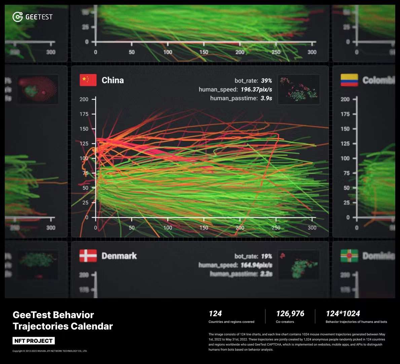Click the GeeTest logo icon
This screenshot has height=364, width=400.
coord(17,17)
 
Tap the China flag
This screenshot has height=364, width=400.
coord(88,80)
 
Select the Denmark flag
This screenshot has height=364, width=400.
coord(88,256)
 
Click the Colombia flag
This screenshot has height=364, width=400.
coord(349,80)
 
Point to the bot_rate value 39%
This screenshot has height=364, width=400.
coord(266,81)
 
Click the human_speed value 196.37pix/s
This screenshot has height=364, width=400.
coord(256,90)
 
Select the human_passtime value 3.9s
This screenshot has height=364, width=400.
coord(266,98)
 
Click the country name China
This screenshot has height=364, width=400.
coord(113,80)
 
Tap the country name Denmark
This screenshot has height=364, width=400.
coord(119,256)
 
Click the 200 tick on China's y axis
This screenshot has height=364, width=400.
coord(84,99)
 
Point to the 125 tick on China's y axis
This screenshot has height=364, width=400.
coord(84,144)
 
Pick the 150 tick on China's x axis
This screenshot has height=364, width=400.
coord(204,227)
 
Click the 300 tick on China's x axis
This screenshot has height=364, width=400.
coord(312,227)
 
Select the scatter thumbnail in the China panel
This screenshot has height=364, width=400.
coord(299,89)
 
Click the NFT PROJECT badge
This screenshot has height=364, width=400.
coord(34,341)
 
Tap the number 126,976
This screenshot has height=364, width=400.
coord(290,314)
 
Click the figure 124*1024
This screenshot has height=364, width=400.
coord(343,314)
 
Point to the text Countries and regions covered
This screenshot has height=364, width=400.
coord(231,322)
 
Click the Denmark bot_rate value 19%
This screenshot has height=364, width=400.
coord(266,256)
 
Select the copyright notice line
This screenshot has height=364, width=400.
coord(50,351)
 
